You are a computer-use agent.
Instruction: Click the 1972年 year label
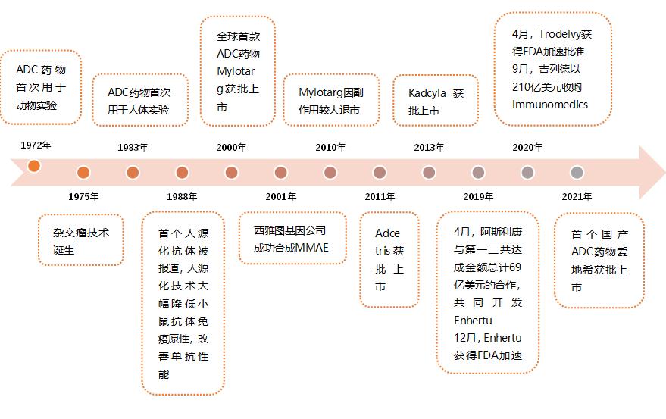[36, 145]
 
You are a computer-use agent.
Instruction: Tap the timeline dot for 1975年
[83, 173]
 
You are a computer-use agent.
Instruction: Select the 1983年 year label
[133, 148]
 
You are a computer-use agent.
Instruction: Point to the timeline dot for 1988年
[182, 173]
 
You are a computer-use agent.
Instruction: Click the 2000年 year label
[231, 148]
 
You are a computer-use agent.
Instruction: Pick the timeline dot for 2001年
[280, 173]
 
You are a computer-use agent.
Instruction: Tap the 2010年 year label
[330, 148]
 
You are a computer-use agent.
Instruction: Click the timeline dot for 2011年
[380, 173]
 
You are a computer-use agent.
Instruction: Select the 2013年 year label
[429, 148]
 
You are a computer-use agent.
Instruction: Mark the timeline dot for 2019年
[478, 173]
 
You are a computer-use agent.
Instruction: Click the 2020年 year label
[527, 148]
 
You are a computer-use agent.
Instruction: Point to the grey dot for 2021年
[577, 173]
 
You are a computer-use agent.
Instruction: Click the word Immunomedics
[550, 105]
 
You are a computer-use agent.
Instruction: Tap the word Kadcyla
[427, 93]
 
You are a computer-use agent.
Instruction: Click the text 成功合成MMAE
[291, 248]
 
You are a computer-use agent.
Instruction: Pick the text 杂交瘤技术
[81, 233]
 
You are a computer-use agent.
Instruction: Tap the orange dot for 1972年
[34, 166]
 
